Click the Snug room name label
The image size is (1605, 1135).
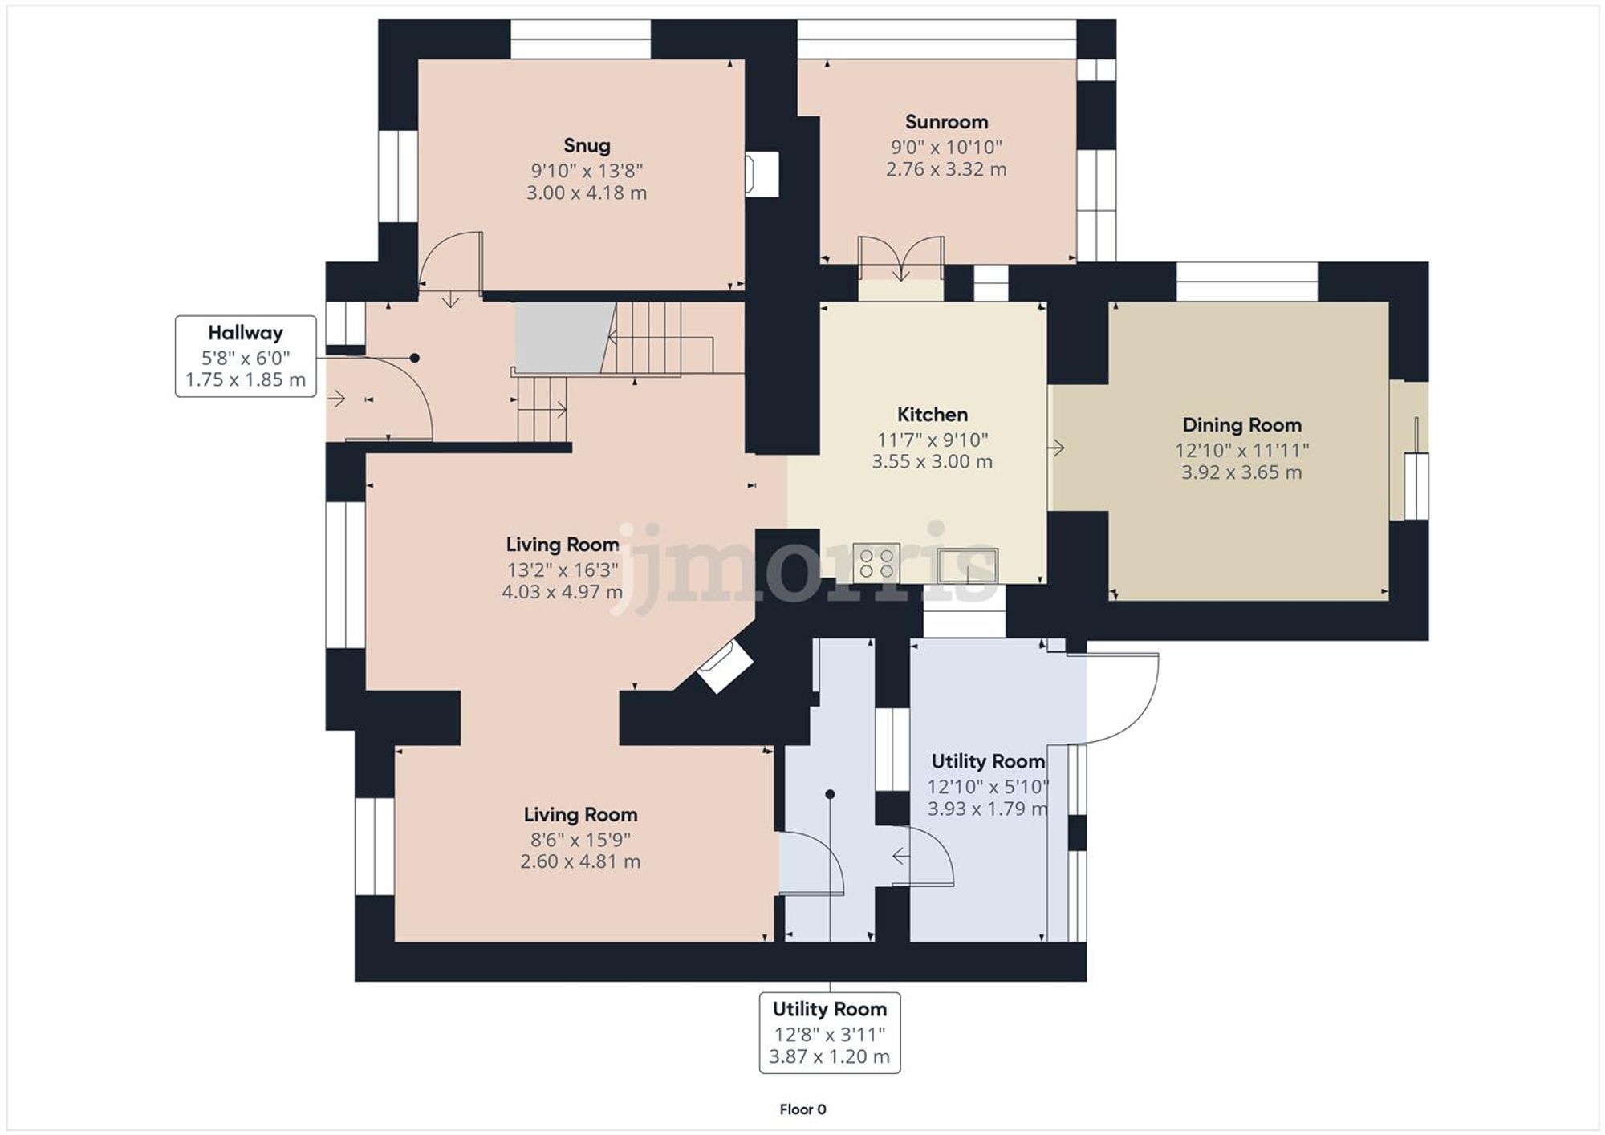587,145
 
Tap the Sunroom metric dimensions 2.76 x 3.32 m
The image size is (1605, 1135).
946,169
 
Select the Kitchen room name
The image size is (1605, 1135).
932,415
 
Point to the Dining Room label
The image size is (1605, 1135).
1241,425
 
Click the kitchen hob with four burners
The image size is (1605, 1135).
876,561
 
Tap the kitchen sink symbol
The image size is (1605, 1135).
969,565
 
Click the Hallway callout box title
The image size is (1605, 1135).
246,333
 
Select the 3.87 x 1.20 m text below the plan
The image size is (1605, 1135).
829,1056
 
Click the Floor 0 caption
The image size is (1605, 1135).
802,1109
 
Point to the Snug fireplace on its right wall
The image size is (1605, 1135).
760,174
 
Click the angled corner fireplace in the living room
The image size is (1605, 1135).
724,666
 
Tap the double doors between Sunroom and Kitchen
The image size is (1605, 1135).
901,257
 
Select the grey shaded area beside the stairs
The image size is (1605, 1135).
562,337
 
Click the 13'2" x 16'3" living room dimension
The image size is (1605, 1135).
562,570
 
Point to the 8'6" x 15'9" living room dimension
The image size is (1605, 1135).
580,840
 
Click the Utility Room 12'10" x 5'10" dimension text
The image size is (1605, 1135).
988,787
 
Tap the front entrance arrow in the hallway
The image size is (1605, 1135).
336,398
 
